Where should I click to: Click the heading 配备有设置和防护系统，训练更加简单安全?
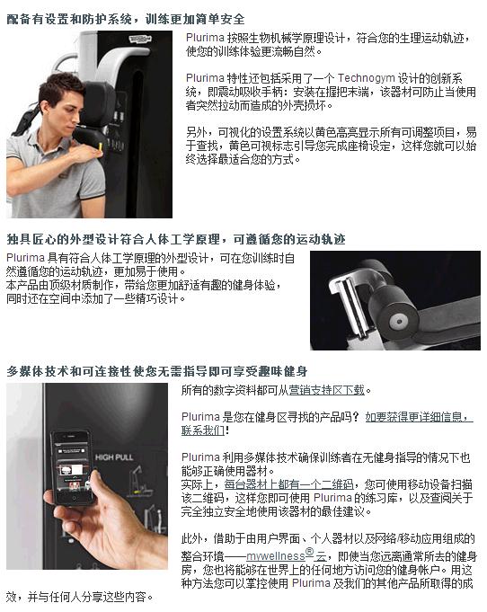126,19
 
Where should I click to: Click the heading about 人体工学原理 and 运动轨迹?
176,239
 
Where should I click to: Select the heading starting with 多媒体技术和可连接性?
157,371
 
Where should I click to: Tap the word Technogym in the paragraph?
366,78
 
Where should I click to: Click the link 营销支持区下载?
327,390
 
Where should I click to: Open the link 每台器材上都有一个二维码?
288,484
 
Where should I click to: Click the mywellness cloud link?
286,554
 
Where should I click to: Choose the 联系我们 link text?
203,430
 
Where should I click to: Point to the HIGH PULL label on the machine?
114,457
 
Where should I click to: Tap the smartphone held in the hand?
73,466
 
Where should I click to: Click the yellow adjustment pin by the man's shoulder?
101,148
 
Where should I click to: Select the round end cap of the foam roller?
399,322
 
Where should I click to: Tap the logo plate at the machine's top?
139,39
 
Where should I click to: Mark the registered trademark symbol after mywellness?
309,552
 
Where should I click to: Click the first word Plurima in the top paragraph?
205,38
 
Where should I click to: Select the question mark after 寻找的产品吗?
355,417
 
